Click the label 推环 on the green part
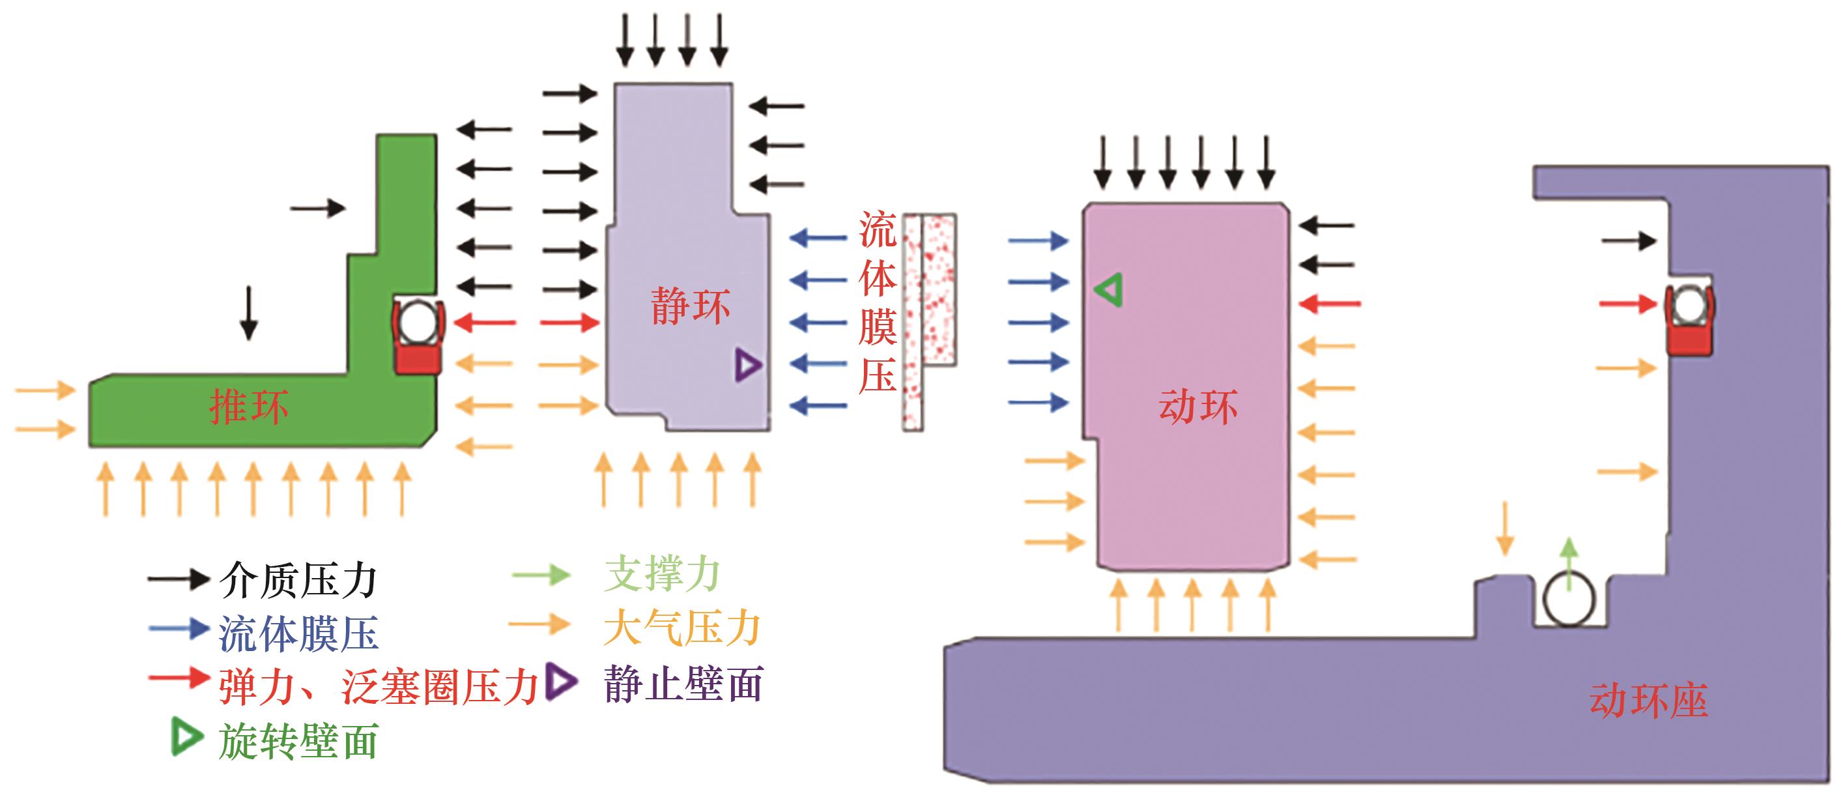click(249, 407)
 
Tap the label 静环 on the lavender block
click(691, 306)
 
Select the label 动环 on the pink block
click(1198, 407)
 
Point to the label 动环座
click(1648, 700)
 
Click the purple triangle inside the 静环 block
click(747, 365)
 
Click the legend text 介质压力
click(298, 580)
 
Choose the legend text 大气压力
click(682, 628)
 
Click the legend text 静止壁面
click(683, 683)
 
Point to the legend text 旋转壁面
click(298, 742)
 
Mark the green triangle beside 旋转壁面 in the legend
click(186, 738)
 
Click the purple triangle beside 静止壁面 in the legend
click(561, 682)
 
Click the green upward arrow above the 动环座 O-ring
click(1569, 564)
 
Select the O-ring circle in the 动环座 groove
click(1569, 600)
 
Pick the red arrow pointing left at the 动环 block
click(1330, 305)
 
